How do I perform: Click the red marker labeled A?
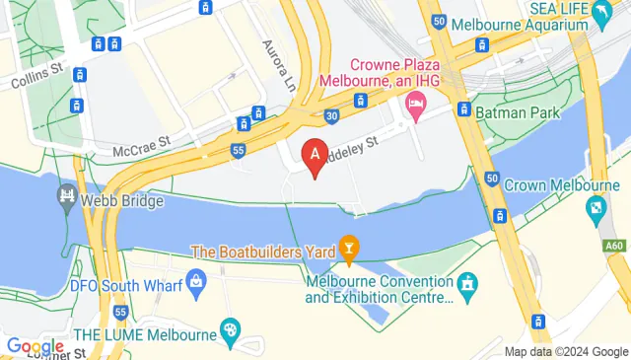click(315, 156)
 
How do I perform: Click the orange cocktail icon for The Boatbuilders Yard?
click(347, 246)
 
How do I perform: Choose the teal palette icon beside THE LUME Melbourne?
click(230, 328)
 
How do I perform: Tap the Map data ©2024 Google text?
click(566, 351)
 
